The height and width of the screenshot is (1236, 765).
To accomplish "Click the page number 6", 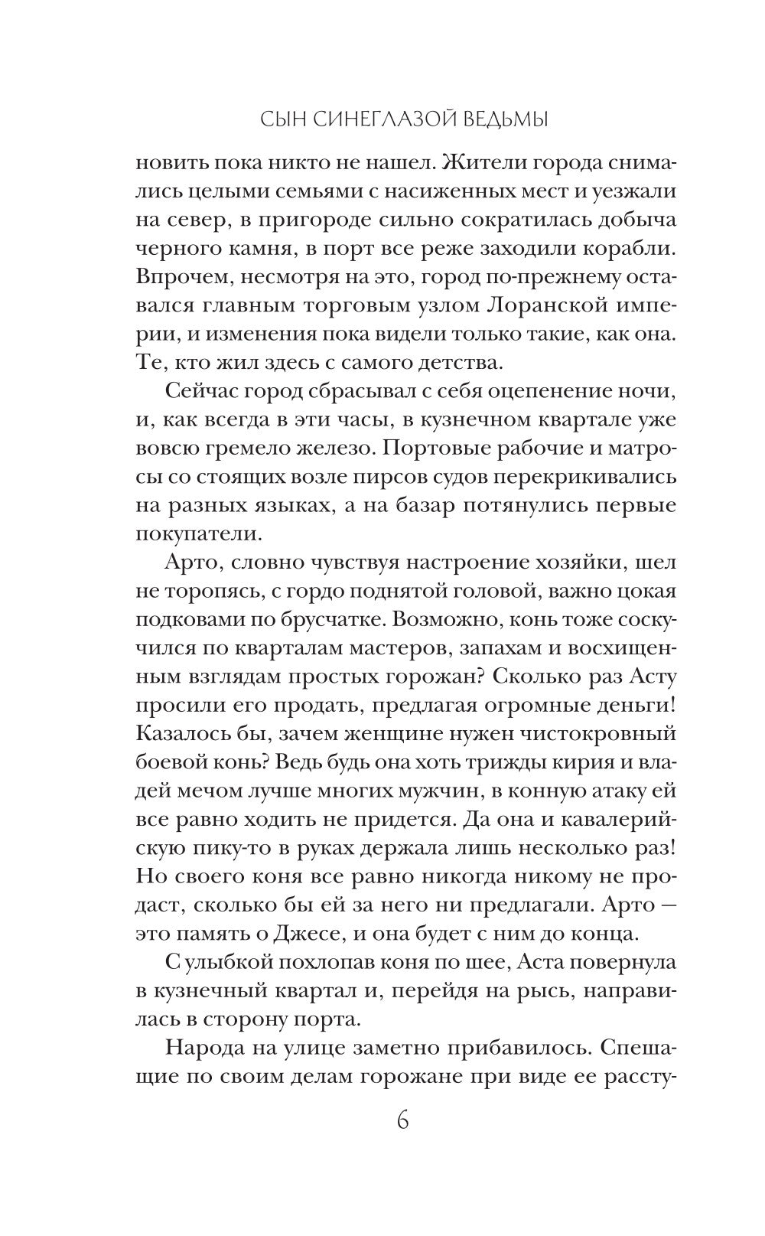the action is (403, 1120).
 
